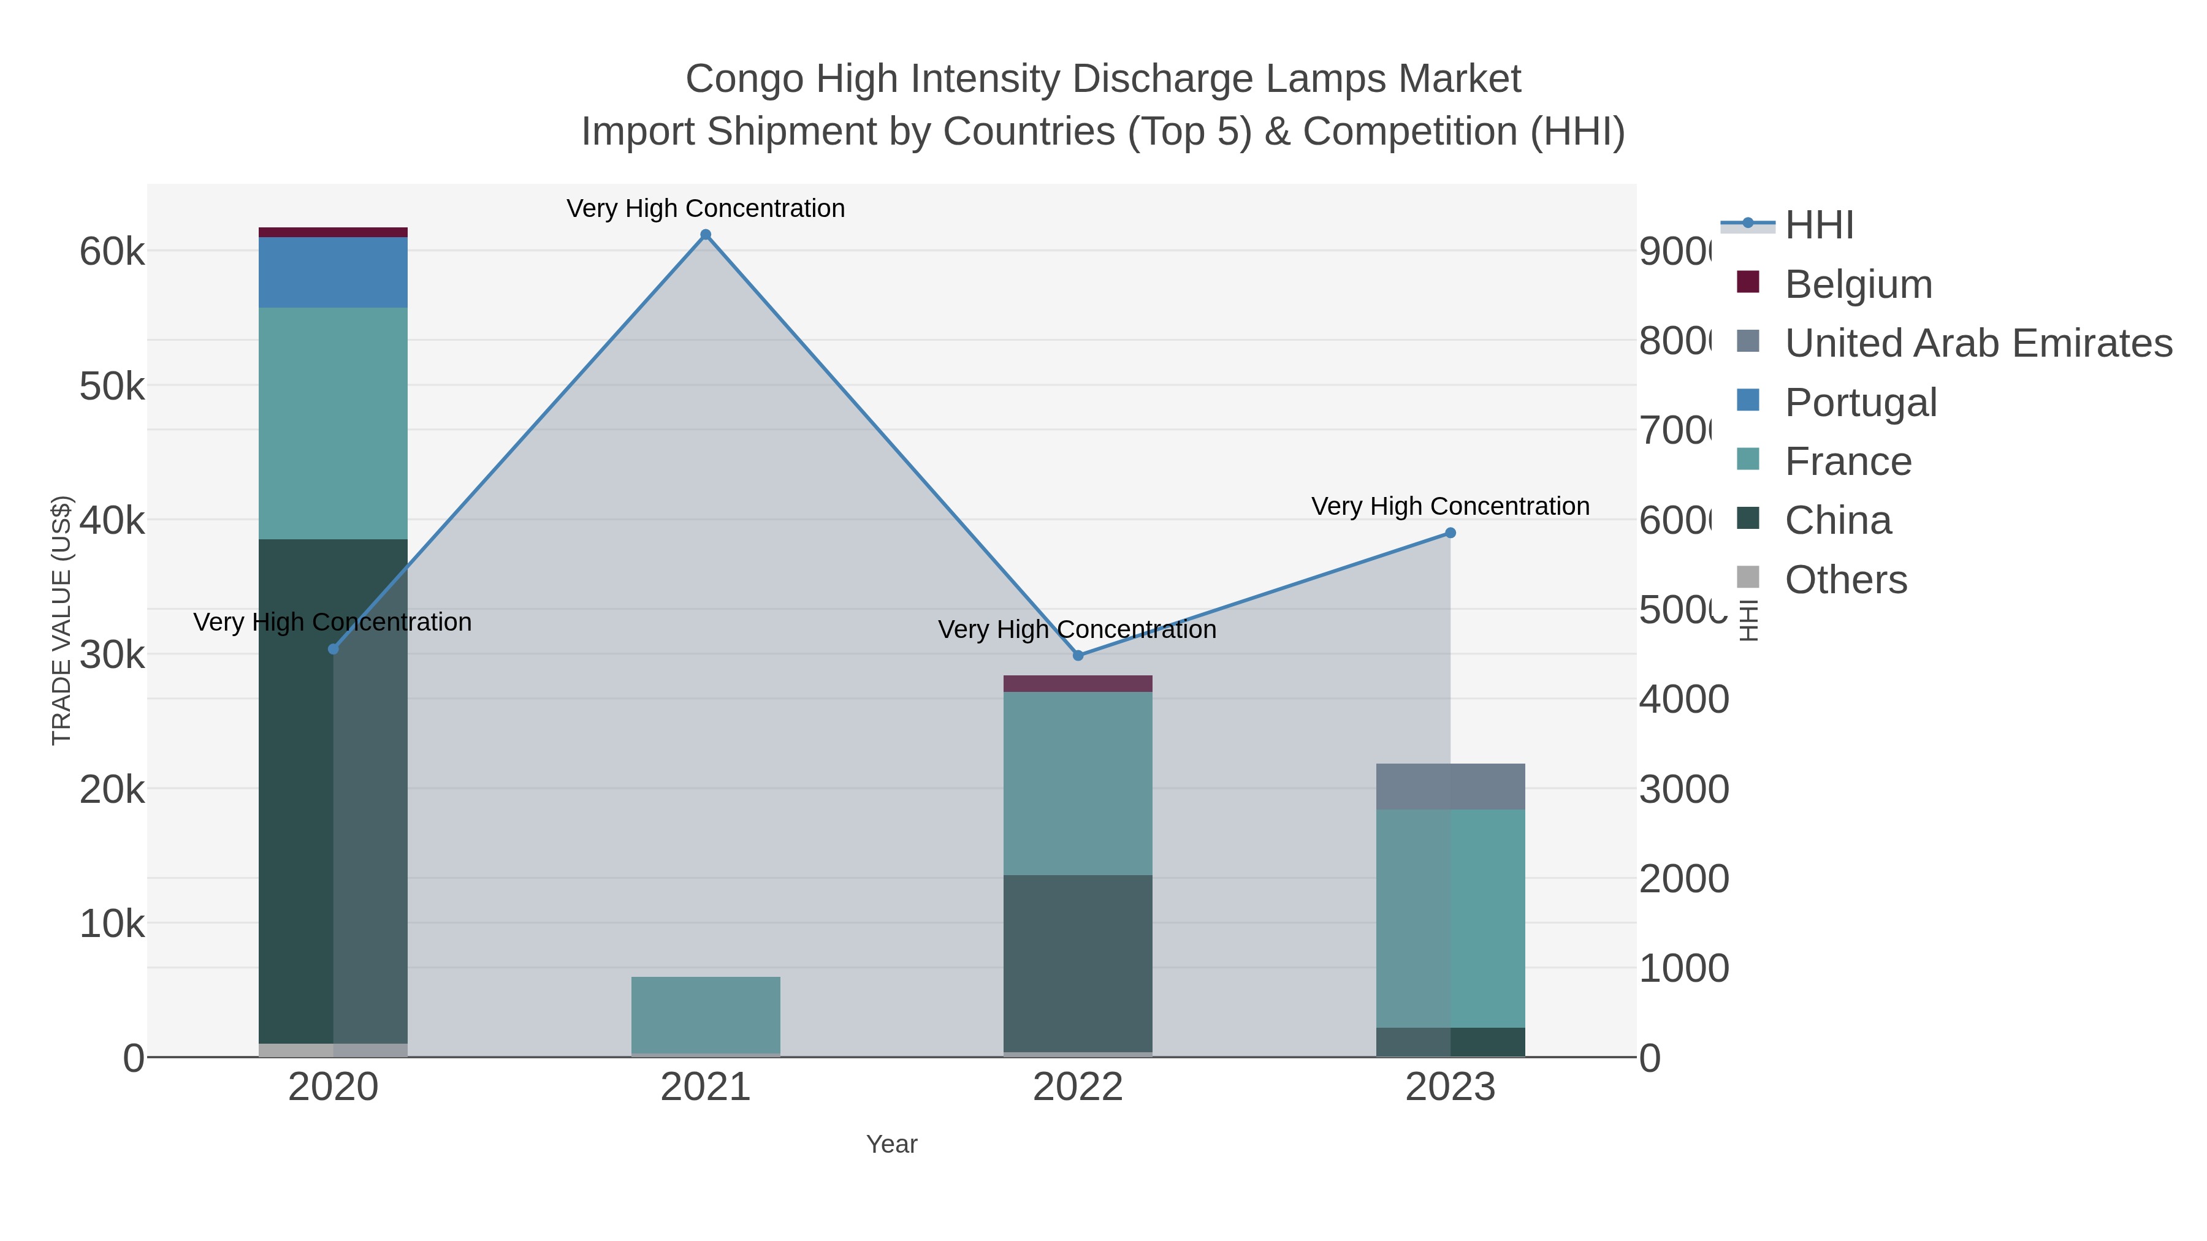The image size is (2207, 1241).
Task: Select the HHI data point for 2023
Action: pos(1450,533)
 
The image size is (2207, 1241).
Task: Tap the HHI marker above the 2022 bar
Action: pos(1078,655)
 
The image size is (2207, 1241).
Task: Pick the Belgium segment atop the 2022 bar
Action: pos(1078,683)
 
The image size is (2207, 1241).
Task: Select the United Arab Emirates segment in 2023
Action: pos(1450,786)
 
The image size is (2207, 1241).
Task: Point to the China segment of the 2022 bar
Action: pos(1078,963)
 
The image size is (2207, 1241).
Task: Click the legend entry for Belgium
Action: pos(1858,284)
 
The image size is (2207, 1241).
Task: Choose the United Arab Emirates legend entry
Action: pos(1977,343)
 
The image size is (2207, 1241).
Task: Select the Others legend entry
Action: pos(1845,580)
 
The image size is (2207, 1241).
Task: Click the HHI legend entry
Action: pos(1818,226)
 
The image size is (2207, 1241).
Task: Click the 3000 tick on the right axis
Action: pos(1683,790)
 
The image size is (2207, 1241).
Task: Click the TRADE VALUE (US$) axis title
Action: pos(62,620)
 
